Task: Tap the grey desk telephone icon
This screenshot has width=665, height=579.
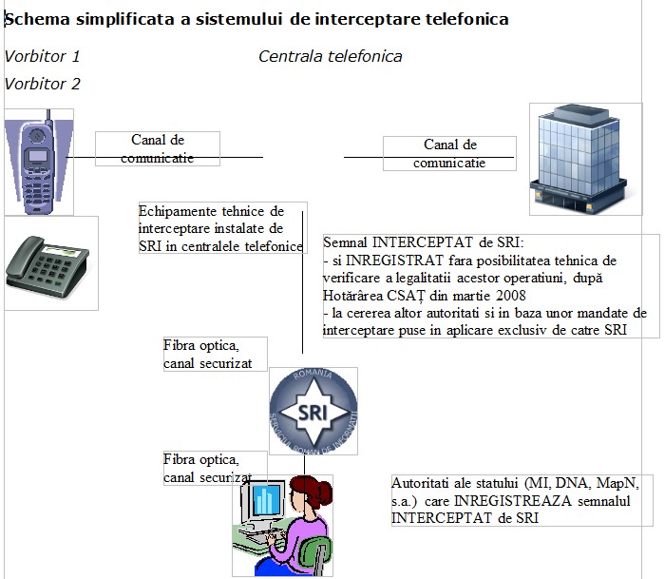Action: pyautogui.click(x=47, y=266)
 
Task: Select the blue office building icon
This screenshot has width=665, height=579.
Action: pyautogui.click(x=579, y=159)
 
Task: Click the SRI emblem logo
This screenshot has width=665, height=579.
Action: pyautogui.click(x=313, y=411)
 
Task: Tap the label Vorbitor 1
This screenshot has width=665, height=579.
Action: pyautogui.click(x=42, y=56)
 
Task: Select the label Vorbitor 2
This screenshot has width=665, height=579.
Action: pyautogui.click(x=42, y=84)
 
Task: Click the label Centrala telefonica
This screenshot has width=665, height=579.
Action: pyautogui.click(x=331, y=56)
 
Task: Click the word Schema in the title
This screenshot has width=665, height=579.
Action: pyautogui.click(x=37, y=20)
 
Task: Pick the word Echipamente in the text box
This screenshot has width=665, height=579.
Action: pyautogui.click(x=173, y=211)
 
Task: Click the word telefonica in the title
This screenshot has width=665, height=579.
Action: pyautogui.click(x=467, y=20)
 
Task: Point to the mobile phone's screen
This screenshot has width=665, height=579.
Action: pyautogui.click(x=38, y=157)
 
